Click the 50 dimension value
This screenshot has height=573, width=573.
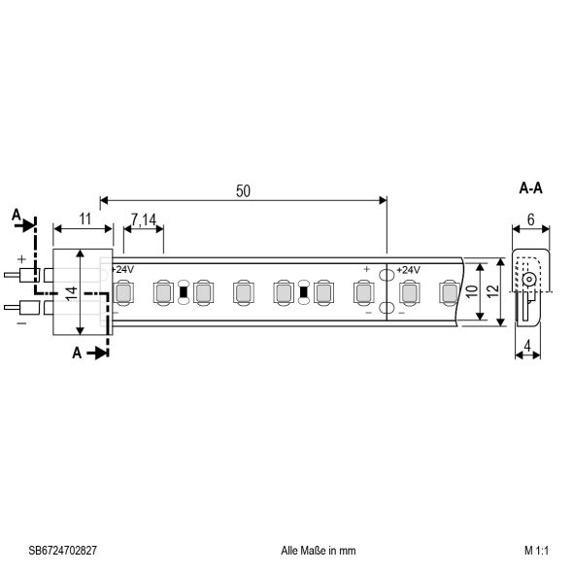pos(243,191)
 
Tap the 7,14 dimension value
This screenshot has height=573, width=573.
pos(143,221)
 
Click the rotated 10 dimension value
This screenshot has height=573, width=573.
pos(471,290)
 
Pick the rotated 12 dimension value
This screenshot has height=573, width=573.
pos(492,290)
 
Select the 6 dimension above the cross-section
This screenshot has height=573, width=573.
pos(530,220)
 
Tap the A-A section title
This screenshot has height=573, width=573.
pos(530,188)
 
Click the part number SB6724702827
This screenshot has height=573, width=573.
pos(57,550)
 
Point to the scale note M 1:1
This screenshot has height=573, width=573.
pos(536,550)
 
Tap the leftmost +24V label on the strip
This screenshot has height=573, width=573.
pos(122,269)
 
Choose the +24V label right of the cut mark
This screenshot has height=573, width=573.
pos(407,269)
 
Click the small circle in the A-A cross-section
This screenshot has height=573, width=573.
pos(527,280)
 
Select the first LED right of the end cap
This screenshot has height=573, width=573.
pos(122,291)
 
